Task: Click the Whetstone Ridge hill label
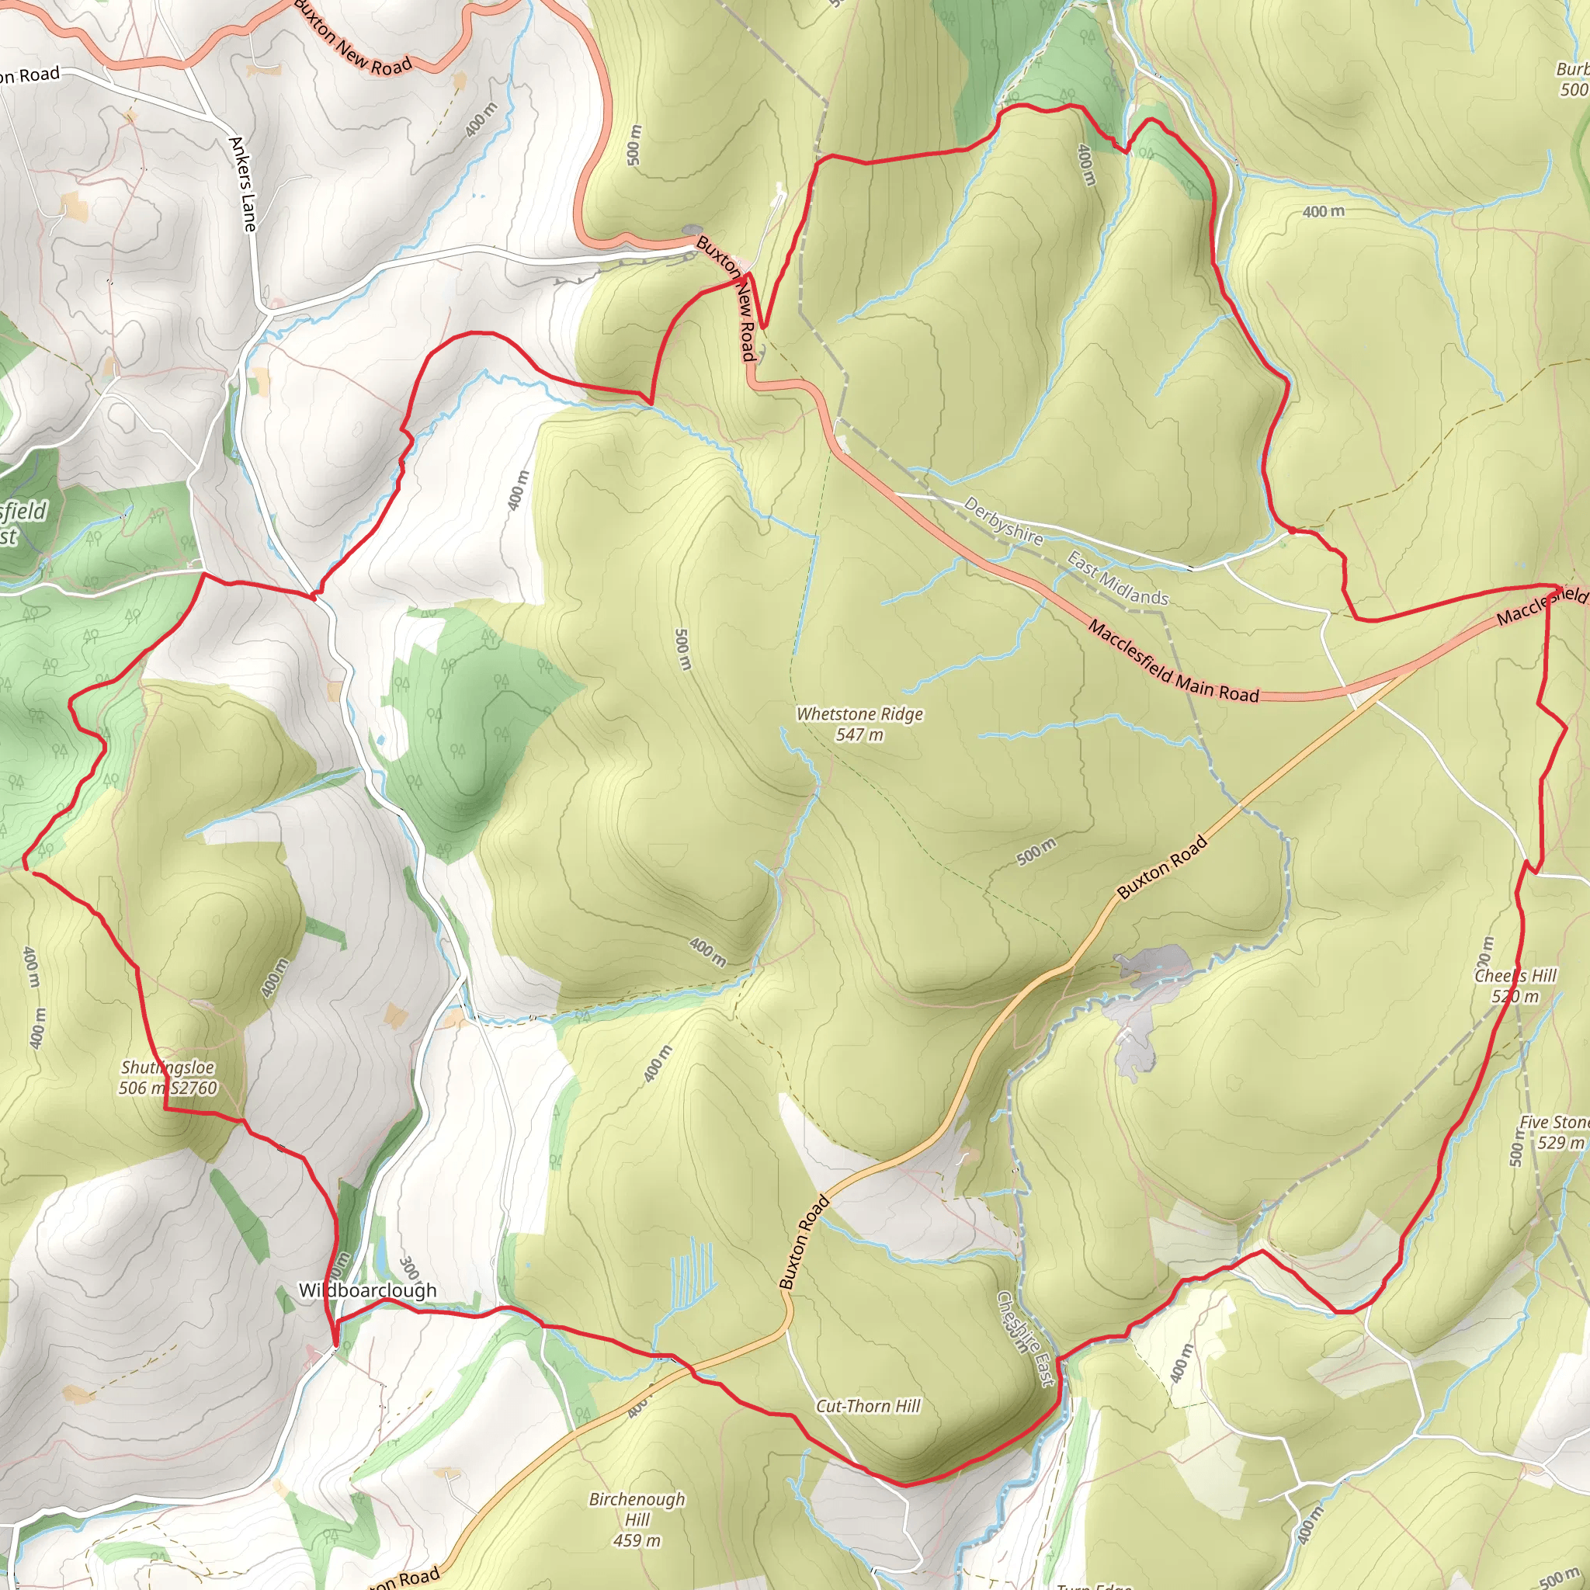coord(859,713)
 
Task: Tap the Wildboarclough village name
coord(367,1290)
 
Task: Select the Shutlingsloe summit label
coord(168,1068)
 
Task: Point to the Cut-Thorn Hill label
coord(867,1406)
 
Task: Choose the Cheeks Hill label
coord(1515,976)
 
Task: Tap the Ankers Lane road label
coord(243,183)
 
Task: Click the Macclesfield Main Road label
coord(1173,661)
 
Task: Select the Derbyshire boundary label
coord(1003,521)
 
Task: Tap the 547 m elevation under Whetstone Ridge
coord(859,735)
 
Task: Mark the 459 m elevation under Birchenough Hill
coord(636,1540)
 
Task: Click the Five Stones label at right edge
coord(1554,1123)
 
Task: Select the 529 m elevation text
coord(1560,1142)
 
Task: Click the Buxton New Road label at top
coord(352,39)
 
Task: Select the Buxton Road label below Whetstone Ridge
coord(1162,867)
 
